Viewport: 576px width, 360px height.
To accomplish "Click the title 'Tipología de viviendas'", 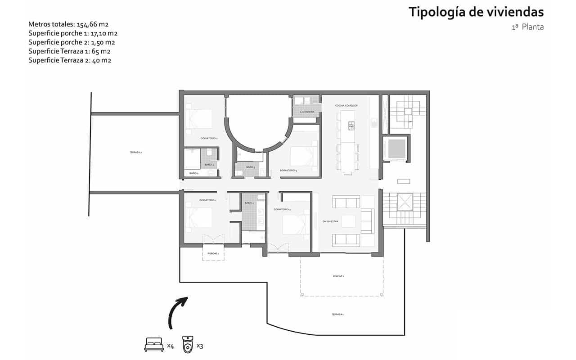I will pyautogui.click(x=476, y=12).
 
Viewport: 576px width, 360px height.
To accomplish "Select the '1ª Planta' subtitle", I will pyautogui.click(x=527, y=27).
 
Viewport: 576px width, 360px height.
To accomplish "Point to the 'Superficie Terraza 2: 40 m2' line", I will pyautogui.click(x=69, y=60).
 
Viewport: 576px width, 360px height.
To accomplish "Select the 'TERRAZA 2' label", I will pyautogui.click(x=135, y=153).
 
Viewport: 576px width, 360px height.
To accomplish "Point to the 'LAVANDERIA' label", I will pyautogui.click(x=307, y=111).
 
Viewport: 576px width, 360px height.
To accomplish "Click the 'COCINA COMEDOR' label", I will pyautogui.click(x=346, y=105).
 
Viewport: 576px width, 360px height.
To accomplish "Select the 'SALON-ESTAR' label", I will pyautogui.click(x=330, y=221).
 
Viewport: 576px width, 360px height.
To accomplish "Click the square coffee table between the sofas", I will pyautogui.click(x=348, y=221).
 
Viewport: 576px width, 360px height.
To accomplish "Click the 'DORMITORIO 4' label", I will pyautogui.click(x=288, y=171).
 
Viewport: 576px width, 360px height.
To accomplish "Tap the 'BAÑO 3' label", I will pyautogui.click(x=251, y=167).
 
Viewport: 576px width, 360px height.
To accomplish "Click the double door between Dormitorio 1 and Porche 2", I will pyautogui.click(x=213, y=238).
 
